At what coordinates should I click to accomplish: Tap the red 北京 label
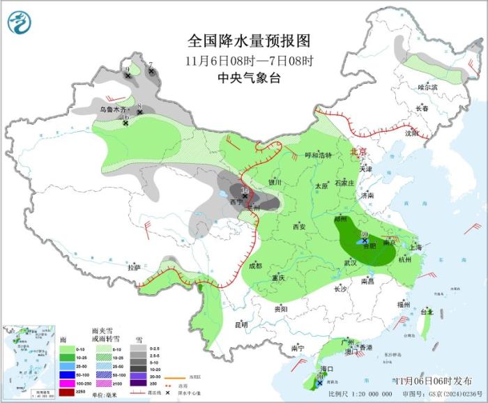[357, 151]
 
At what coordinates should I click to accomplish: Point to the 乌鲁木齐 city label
[113, 109]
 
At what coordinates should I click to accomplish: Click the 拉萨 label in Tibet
[135, 267]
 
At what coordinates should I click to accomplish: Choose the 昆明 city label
[241, 324]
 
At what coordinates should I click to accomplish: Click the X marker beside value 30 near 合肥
[365, 241]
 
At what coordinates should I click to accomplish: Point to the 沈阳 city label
[411, 132]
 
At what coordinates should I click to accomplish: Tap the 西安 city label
[299, 227]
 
